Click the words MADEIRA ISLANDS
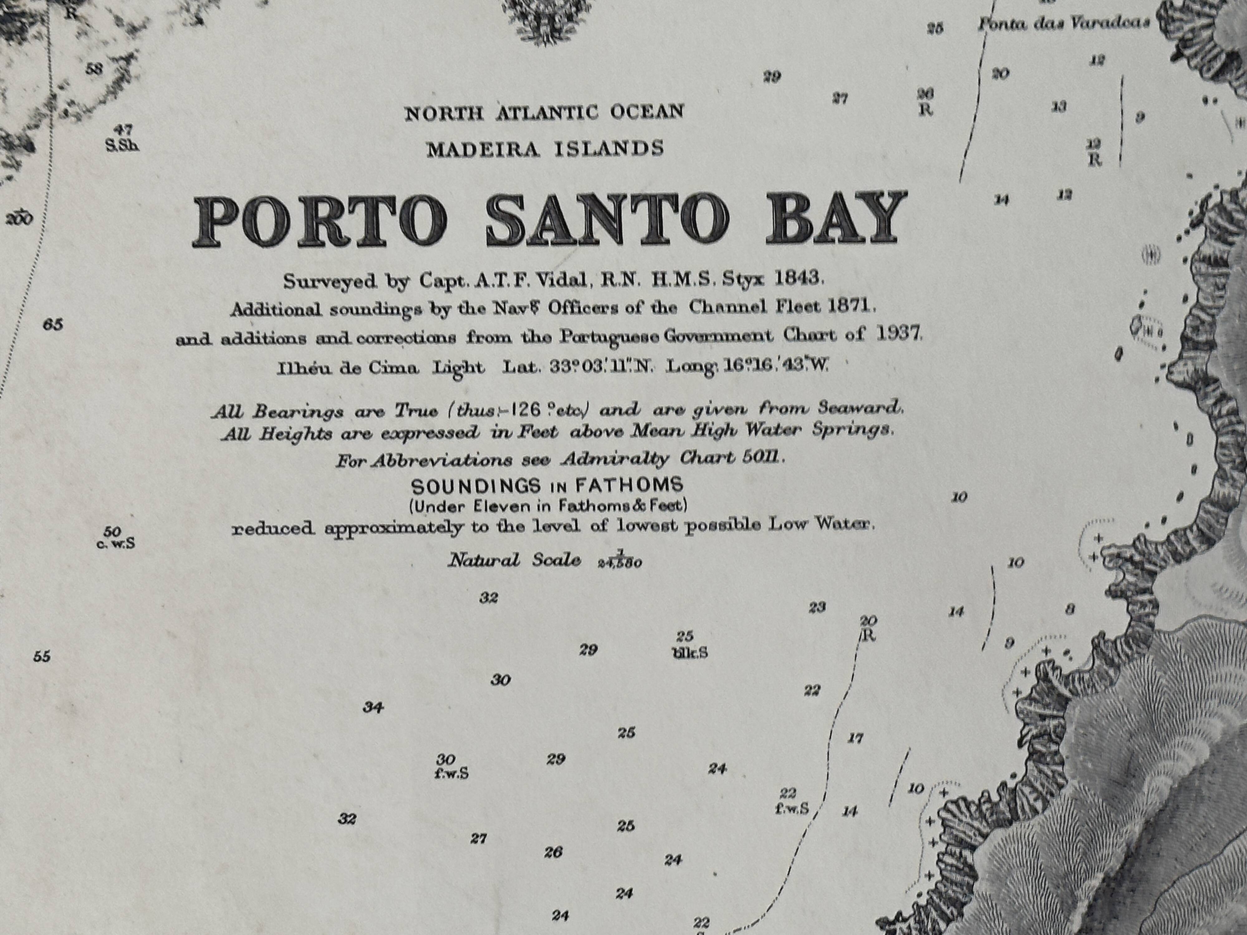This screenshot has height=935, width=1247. coord(545,149)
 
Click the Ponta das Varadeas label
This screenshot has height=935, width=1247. coord(1063,24)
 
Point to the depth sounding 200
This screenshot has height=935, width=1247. coord(19,218)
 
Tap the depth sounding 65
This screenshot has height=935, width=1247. coord(52,325)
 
